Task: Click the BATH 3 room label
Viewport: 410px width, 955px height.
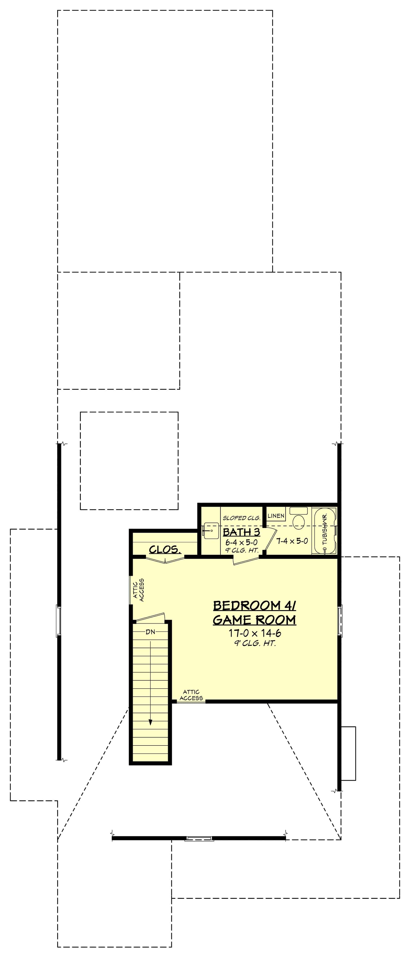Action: pos(241,532)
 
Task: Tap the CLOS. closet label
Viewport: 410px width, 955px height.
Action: pos(165,549)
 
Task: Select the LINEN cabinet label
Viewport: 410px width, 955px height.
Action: pos(276,516)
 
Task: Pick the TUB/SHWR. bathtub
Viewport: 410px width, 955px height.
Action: pos(325,530)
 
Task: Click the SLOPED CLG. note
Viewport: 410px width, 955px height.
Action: pos(241,518)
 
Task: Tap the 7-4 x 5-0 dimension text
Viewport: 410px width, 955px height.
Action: pos(292,541)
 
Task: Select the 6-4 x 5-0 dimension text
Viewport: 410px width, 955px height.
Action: pos(241,542)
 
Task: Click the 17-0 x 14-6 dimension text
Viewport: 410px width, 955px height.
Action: pos(254,633)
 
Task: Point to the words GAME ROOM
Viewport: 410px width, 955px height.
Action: pos(254,619)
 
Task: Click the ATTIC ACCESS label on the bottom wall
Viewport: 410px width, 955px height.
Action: pos(191,695)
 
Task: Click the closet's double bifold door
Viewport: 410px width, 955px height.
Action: pos(166,560)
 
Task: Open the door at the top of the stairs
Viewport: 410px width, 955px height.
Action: pos(149,617)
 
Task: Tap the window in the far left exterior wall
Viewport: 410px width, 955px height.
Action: pos(58,621)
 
